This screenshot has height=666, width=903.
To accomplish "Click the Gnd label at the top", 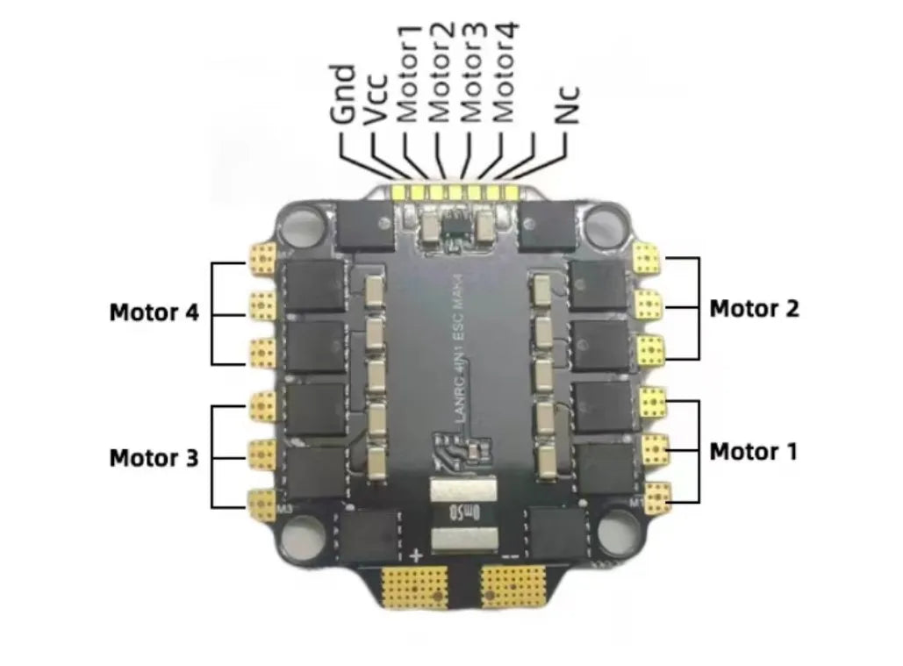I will (343, 95).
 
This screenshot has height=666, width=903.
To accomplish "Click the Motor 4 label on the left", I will (154, 312).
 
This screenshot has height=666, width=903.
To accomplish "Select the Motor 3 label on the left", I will (154, 457).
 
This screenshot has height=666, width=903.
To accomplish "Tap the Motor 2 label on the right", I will (754, 309).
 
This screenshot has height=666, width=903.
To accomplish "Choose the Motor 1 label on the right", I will (754, 452).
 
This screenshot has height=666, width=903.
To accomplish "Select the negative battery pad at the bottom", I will (514, 586).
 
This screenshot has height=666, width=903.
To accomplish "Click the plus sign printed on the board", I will (417, 555).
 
